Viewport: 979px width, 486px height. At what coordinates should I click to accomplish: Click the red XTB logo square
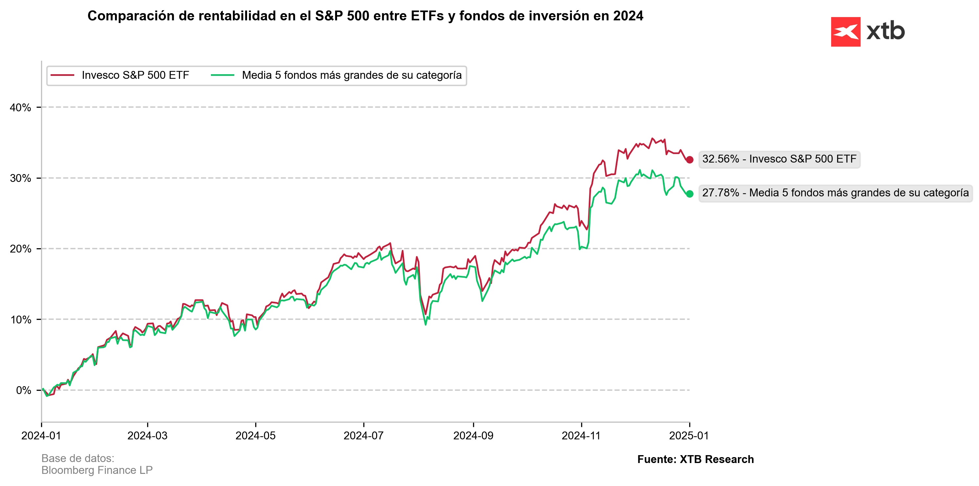tap(845, 32)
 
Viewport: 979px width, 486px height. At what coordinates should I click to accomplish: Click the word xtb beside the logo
tap(885, 31)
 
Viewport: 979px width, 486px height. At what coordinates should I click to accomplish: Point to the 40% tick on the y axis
tap(20, 107)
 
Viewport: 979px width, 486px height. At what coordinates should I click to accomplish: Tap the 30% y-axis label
tap(20, 178)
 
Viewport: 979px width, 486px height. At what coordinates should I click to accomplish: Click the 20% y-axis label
tap(20, 249)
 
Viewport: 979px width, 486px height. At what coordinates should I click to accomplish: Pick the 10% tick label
tap(20, 320)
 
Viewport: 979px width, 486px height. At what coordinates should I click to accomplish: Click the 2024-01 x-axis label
tap(41, 435)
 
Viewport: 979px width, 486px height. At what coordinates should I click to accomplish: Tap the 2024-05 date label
tap(255, 435)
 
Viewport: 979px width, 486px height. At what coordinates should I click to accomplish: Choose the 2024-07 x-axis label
tap(364, 435)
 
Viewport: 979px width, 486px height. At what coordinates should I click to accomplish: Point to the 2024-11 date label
tap(581, 435)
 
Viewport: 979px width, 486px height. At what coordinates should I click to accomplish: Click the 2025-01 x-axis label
tap(689, 435)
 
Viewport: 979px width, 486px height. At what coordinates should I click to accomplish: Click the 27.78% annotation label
tap(835, 193)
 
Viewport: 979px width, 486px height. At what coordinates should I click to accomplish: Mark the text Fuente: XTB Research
tap(695, 459)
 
